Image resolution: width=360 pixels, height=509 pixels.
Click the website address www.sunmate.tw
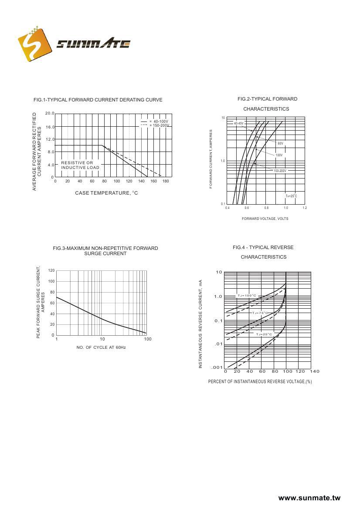[309, 498]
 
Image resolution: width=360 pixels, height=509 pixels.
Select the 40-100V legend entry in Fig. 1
[158, 121]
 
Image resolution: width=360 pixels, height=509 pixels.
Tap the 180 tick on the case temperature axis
[166, 181]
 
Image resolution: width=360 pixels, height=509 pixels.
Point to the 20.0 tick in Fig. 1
[49, 114]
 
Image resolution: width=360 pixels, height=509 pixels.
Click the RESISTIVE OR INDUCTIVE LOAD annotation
[80, 165]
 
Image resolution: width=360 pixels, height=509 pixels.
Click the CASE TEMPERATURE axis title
[106, 193]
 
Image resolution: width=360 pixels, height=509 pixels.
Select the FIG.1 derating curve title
[98, 100]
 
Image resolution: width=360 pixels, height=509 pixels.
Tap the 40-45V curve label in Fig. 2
[238, 123]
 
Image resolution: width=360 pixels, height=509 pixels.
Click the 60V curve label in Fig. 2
[280, 143]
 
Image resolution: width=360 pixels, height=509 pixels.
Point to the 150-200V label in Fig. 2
[280, 171]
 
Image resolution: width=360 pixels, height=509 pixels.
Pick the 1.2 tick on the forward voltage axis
[305, 208]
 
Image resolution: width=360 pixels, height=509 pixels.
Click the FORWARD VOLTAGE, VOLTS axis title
[265, 219]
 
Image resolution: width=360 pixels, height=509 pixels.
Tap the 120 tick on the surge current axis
[51, 270]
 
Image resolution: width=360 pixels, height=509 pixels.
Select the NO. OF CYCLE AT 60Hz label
[101, 347]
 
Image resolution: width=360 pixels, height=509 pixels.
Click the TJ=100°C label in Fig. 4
[247, 296]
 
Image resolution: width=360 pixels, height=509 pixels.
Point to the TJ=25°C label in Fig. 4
[264, 334]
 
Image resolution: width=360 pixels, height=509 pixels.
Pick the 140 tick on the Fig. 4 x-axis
[315, 371]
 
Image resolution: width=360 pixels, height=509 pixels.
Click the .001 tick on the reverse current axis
[217, 367]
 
